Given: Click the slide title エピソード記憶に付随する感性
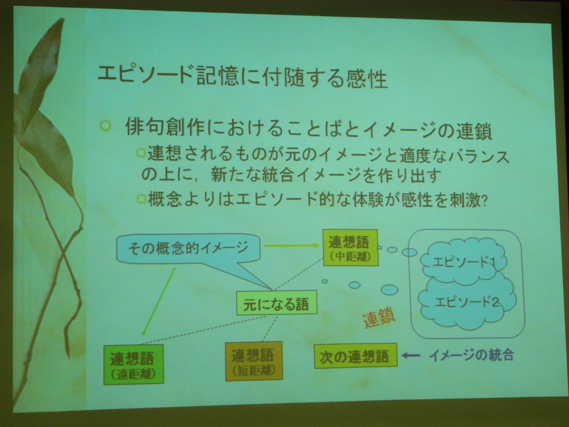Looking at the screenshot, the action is (x=242, y=77).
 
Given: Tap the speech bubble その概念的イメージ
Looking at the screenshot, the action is (x=188, y=250).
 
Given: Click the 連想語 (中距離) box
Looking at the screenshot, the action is (x=350, y=248).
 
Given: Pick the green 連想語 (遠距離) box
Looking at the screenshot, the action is (x=133, y=365).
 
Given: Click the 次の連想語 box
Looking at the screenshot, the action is (x=356, y=356).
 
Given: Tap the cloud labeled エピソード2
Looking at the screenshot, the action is (x=467, y=303).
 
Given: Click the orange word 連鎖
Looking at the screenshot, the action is (x=379, y=319).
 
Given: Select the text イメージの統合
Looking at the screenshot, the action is (x=471, y=355).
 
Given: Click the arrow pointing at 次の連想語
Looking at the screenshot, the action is (x=411, y=356).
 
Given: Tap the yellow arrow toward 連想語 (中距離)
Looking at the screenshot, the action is (x=291, y=246).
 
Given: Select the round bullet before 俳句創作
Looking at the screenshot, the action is (x=105, y=126).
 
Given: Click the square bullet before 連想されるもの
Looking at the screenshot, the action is (x=141, y=153).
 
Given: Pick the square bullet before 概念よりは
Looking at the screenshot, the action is (x=142, y=199).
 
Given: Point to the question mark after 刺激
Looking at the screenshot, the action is (x=484, y=201).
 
